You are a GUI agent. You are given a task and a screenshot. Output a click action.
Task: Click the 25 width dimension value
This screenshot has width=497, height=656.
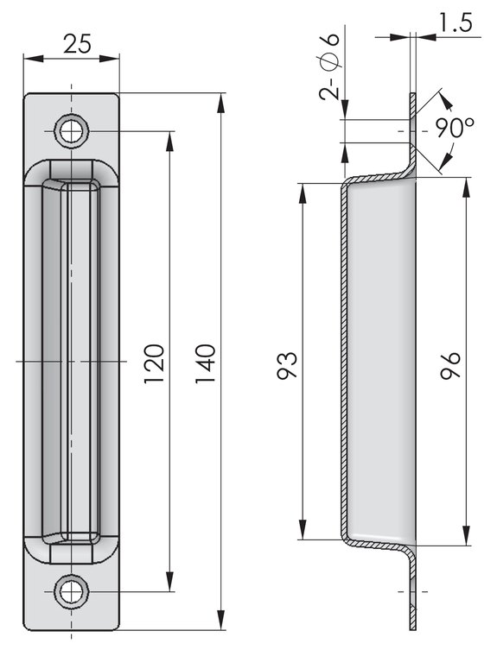77,44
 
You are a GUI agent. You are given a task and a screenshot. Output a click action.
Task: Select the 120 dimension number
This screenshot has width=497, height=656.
153,363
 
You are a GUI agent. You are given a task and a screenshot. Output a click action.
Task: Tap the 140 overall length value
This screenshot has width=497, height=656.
206,363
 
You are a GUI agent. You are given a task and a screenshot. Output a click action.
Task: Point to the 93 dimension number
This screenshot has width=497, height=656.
287,365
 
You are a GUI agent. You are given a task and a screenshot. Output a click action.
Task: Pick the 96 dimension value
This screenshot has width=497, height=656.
451,365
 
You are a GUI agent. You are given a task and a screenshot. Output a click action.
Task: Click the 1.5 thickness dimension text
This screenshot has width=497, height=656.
456,22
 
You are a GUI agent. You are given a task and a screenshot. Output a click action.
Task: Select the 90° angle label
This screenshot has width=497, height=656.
455,127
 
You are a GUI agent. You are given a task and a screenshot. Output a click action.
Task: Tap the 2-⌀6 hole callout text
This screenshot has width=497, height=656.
329,66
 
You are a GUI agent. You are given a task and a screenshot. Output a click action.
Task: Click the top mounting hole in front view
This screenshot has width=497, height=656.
71,131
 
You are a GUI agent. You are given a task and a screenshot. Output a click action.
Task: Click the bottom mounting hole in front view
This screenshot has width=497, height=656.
71,591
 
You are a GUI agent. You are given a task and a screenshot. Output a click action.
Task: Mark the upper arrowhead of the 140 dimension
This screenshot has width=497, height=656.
221,103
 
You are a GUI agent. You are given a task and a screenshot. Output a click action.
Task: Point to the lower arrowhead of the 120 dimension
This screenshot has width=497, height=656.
169,582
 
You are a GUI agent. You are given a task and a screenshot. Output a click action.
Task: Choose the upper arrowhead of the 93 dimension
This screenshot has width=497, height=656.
302,193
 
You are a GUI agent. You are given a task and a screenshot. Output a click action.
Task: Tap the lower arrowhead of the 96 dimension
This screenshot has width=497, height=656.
466,535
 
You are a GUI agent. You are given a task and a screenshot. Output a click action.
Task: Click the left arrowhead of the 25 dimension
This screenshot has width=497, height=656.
34,58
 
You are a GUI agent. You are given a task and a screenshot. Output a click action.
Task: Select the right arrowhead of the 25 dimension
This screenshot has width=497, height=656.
110,58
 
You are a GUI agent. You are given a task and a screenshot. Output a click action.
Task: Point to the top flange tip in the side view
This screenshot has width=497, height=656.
412,94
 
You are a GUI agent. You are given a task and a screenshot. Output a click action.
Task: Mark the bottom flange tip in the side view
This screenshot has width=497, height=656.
412,629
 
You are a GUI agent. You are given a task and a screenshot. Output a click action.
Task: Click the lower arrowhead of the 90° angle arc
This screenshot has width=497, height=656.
446,161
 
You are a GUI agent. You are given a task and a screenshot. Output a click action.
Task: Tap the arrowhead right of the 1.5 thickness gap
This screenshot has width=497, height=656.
426,37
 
